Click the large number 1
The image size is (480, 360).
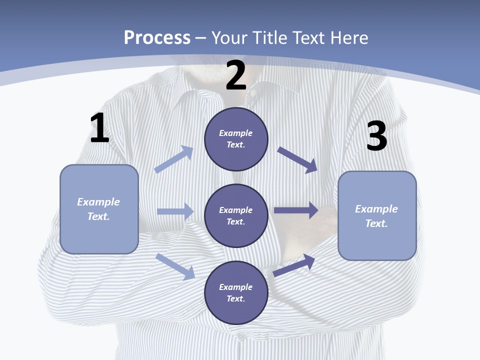[x=99, y=128]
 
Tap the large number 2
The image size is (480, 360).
[x=236, y=75]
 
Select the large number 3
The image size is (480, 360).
[x=376, y=136]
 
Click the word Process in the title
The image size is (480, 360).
[x=157, y=37]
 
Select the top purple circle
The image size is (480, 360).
[x=236, y=139]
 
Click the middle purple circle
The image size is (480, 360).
[x=236, y=215]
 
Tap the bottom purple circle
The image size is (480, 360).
[x=236, y=292]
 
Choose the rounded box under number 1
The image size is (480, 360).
[x=99, y=209]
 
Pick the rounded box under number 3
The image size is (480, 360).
[x=377, y=215]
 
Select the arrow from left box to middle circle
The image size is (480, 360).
[x=175, y=211]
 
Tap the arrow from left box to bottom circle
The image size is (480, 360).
[x=175, y=266]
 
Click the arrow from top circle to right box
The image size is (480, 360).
[x=297, y=159]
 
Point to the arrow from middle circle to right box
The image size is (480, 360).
[x=296, y=210]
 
